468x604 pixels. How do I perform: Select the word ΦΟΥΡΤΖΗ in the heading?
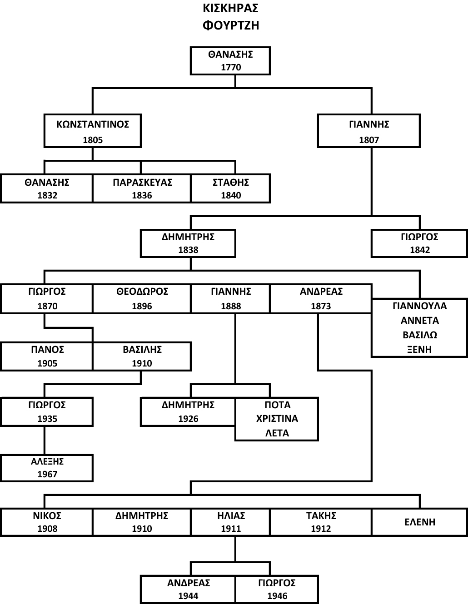(230, 25)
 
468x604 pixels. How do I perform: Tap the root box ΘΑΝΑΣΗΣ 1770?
(230, 61)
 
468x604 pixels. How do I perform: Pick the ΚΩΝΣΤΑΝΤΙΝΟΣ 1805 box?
(93, 131)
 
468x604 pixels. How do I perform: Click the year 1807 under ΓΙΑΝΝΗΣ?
(368, 140)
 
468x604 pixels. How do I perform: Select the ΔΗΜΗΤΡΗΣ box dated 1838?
(188, 243)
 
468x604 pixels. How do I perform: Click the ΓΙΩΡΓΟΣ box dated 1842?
(419, 243)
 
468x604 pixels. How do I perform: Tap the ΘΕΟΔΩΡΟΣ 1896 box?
(142, 299)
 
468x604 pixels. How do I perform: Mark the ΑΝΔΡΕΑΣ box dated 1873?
(321, 299)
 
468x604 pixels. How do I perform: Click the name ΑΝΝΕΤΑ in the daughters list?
(419, 321)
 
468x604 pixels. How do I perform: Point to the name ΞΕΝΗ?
(419, 349)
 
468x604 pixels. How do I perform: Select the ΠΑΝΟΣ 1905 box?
(47, 356)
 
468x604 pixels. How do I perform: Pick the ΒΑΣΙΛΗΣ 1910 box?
(142, 356)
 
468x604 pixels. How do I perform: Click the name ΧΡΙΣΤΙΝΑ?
(277, 419)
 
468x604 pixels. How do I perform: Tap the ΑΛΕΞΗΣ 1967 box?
(47, 468)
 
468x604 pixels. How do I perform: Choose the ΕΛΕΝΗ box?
(419, 522)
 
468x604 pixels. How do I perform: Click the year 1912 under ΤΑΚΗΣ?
(321, 529)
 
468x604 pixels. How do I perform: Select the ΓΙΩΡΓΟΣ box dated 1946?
(277, 589)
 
